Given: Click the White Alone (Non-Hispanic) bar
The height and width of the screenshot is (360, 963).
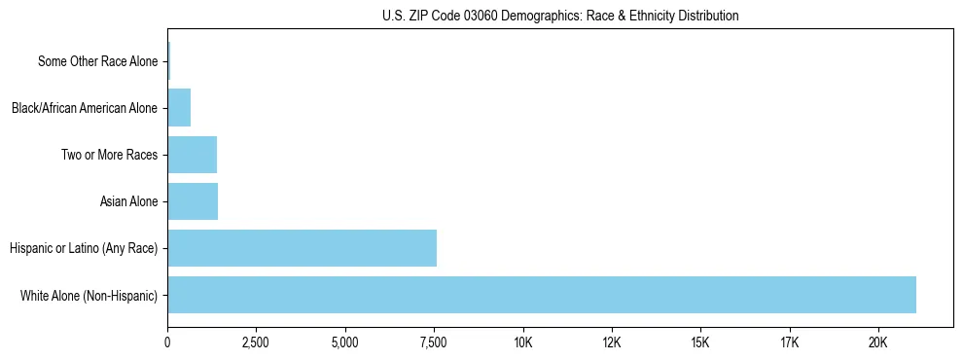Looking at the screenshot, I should click(x=542, y=295).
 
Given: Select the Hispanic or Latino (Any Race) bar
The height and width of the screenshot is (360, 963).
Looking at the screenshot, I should click(x=302, y=248).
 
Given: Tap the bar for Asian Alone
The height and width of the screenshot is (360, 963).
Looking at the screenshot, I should click(x=193, y=201).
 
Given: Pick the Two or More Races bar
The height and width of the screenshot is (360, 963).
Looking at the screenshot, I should click(x=192, y=155).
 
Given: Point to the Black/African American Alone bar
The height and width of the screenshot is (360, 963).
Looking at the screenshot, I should click(x=179, y=108).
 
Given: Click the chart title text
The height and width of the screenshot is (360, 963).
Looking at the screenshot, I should click(x=560, y=17).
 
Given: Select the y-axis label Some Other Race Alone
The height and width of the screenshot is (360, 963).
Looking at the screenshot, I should click(x=97, y=61).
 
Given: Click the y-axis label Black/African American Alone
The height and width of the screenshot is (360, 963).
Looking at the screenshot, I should click(x=84, y=108).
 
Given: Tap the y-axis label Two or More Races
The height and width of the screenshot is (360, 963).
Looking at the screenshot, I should click(x=109, y=155).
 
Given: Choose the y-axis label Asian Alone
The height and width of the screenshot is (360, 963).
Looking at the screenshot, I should click(x=128, y=201).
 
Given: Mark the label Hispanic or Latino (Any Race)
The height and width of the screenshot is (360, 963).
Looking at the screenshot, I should click(x=84, y=248).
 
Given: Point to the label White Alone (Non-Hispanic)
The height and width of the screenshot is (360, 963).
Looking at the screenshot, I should click(x=89, y=295).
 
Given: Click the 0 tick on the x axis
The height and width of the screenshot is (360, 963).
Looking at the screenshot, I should click(x=167, y=342).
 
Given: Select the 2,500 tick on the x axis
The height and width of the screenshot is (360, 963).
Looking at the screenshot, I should click(x=256, y=342).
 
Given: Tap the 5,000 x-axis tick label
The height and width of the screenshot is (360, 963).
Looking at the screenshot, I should click(x=345, y=342).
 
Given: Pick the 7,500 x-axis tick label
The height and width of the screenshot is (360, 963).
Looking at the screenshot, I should click(x=434, y=342).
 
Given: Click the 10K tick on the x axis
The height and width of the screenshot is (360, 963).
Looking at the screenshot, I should click(x=523, y=342).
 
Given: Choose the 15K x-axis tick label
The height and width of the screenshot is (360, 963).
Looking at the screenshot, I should click(x=700, y=342).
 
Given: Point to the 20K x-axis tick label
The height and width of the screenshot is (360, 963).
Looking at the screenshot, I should click(x=878, y=342).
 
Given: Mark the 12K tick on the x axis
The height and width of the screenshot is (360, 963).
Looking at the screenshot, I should click(x=612, y=342).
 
